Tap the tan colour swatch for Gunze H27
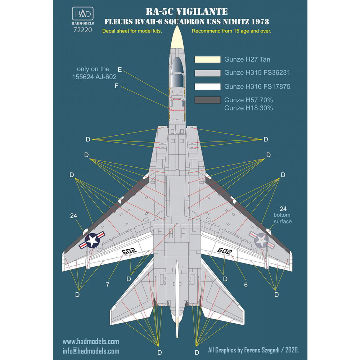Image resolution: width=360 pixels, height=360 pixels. tap(207, 59)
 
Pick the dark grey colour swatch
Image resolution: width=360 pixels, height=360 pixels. tap(207, 100)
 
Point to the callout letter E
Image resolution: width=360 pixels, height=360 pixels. tap(120, 69)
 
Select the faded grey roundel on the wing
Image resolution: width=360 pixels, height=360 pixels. tap(262, 240)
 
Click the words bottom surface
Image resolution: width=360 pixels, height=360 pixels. tap(283, 218)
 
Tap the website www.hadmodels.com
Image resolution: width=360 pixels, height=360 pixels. tap(91, 342)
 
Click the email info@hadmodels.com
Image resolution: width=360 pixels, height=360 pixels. tap(91, 351)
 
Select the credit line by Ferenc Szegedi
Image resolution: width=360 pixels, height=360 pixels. tap(254, 350)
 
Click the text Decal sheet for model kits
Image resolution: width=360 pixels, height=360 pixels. tap(132, 31)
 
